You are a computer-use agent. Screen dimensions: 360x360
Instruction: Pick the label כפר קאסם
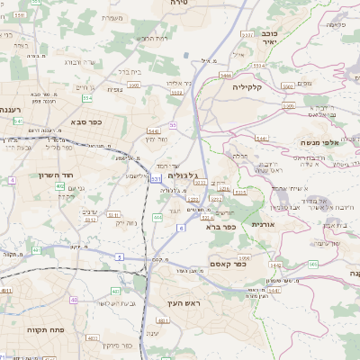pos(227,265)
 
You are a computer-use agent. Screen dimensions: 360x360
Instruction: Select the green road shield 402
pos(59,186)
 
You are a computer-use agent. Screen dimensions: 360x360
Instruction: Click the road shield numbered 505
pos(311,264)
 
